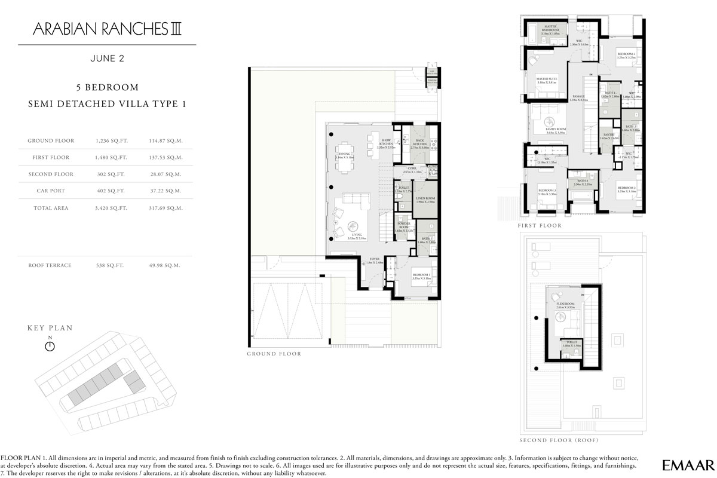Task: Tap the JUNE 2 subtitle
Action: point(107,59)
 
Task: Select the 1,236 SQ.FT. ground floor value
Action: point(108,141)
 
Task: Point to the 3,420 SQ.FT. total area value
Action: point(108,208)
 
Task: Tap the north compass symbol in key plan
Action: point(50,345)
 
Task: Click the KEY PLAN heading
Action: point(50,328)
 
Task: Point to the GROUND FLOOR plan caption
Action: point(274,354)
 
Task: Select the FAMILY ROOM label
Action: point(556,130)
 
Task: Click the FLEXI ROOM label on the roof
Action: point(565,303)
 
